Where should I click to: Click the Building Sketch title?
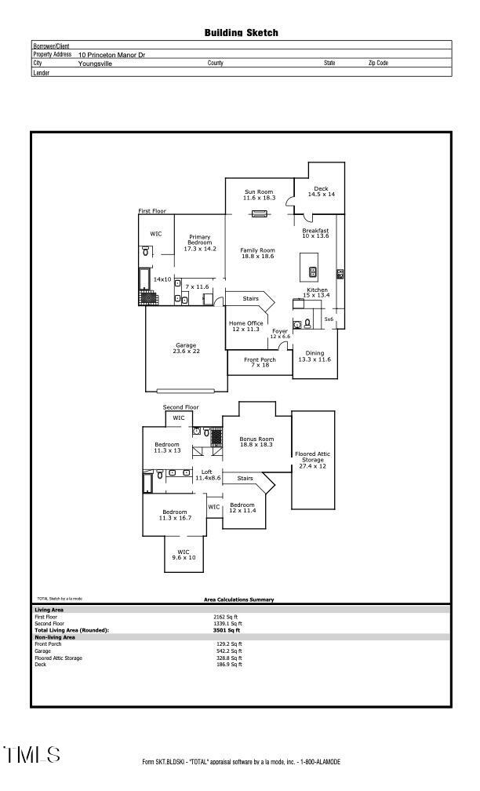pyautogui.click(x=241, y=33)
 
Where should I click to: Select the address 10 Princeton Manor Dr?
pyautogui.click(x=111, y=55)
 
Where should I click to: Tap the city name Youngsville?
pyautogui.click(x=95, y=64)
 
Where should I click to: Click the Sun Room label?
pyautogui.click(x=259, y=195)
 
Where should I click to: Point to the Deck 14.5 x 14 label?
pyautogui.click(x=321, y=191)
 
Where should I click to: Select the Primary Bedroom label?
pyautogui.click(x=199, y=242)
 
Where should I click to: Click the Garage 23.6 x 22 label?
pyautogui.click(x=186, y=348)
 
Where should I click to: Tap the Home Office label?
pyautogui.click(x=245, y=326)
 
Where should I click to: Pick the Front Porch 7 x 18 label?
pyautogui.click(x=260, y=363)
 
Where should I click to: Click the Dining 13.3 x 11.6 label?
pyautogui.click(x=314, y=355)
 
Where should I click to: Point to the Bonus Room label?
pyautogui.click(x=256, y=442)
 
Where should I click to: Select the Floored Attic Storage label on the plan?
pyautogui.click(x=313, y=460)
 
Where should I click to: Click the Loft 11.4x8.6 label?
pyautogui.click(x=207, y=475)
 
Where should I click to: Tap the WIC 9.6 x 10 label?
pyautogui.click(x=184, y=554)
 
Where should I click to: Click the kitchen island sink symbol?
pyautogui.click(x=313, y=272)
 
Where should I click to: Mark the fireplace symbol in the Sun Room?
pyautogui.click(x=260, y=213)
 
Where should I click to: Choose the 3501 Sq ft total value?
pyautogui.click(x=227, y=630)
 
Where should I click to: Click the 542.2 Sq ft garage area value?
pyautogui.click(x=228, y=651)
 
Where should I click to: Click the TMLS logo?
pyautogui.click(x=32, y=755)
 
